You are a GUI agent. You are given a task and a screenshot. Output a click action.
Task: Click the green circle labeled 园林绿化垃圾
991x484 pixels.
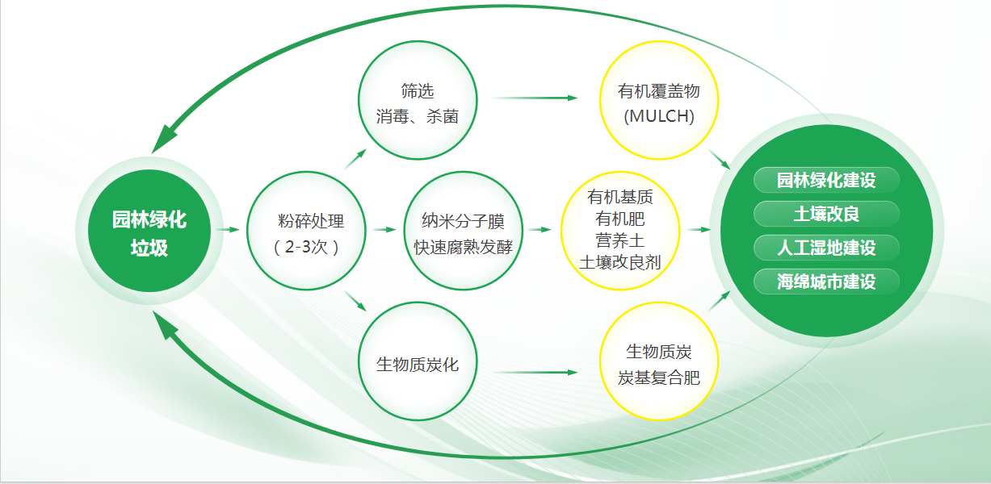click(149, 231)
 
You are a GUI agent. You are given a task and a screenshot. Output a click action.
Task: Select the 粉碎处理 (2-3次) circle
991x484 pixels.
click(306, 231)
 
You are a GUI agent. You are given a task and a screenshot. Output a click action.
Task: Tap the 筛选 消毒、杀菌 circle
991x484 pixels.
click(418, 100)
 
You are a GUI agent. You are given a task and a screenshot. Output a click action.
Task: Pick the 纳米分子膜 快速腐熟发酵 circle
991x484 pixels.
click(464, 231)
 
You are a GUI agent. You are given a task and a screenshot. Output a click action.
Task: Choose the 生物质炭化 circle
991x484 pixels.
click(418, 361)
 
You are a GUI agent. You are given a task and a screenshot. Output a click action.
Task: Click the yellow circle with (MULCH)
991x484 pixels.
click(659, 100)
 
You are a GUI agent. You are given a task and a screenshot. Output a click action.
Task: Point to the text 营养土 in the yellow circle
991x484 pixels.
click(619, 241)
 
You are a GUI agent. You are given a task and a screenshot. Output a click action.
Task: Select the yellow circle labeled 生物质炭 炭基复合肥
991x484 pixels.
click(659, 361)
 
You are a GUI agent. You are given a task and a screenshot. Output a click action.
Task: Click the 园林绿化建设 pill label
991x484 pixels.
click(826, 180)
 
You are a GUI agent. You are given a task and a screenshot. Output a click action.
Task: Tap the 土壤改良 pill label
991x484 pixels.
click(826, 214)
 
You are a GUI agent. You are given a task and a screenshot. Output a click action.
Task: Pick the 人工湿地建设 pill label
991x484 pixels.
click(826, 248)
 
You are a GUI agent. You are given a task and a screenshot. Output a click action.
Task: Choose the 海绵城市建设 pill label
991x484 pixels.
click(826, 282)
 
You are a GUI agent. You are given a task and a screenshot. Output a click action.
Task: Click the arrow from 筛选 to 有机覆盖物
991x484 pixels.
click(535, 98)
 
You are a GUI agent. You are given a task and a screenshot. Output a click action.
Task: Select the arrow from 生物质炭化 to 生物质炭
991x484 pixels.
click(535, 373)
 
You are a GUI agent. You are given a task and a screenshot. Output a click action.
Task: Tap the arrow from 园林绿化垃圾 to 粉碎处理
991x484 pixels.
click(229, 229)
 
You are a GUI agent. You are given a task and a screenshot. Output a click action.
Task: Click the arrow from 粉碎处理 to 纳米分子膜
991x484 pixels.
click(384, 229)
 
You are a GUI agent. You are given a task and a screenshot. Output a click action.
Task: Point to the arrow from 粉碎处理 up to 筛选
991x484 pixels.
click(355, 159)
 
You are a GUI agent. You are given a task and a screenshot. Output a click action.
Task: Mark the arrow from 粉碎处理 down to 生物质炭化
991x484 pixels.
click(355, 301)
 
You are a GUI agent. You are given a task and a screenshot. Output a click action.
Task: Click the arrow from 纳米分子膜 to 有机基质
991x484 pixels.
click(540, 229)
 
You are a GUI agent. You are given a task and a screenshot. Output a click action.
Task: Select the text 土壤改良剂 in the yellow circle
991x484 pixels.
click(619, 262)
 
